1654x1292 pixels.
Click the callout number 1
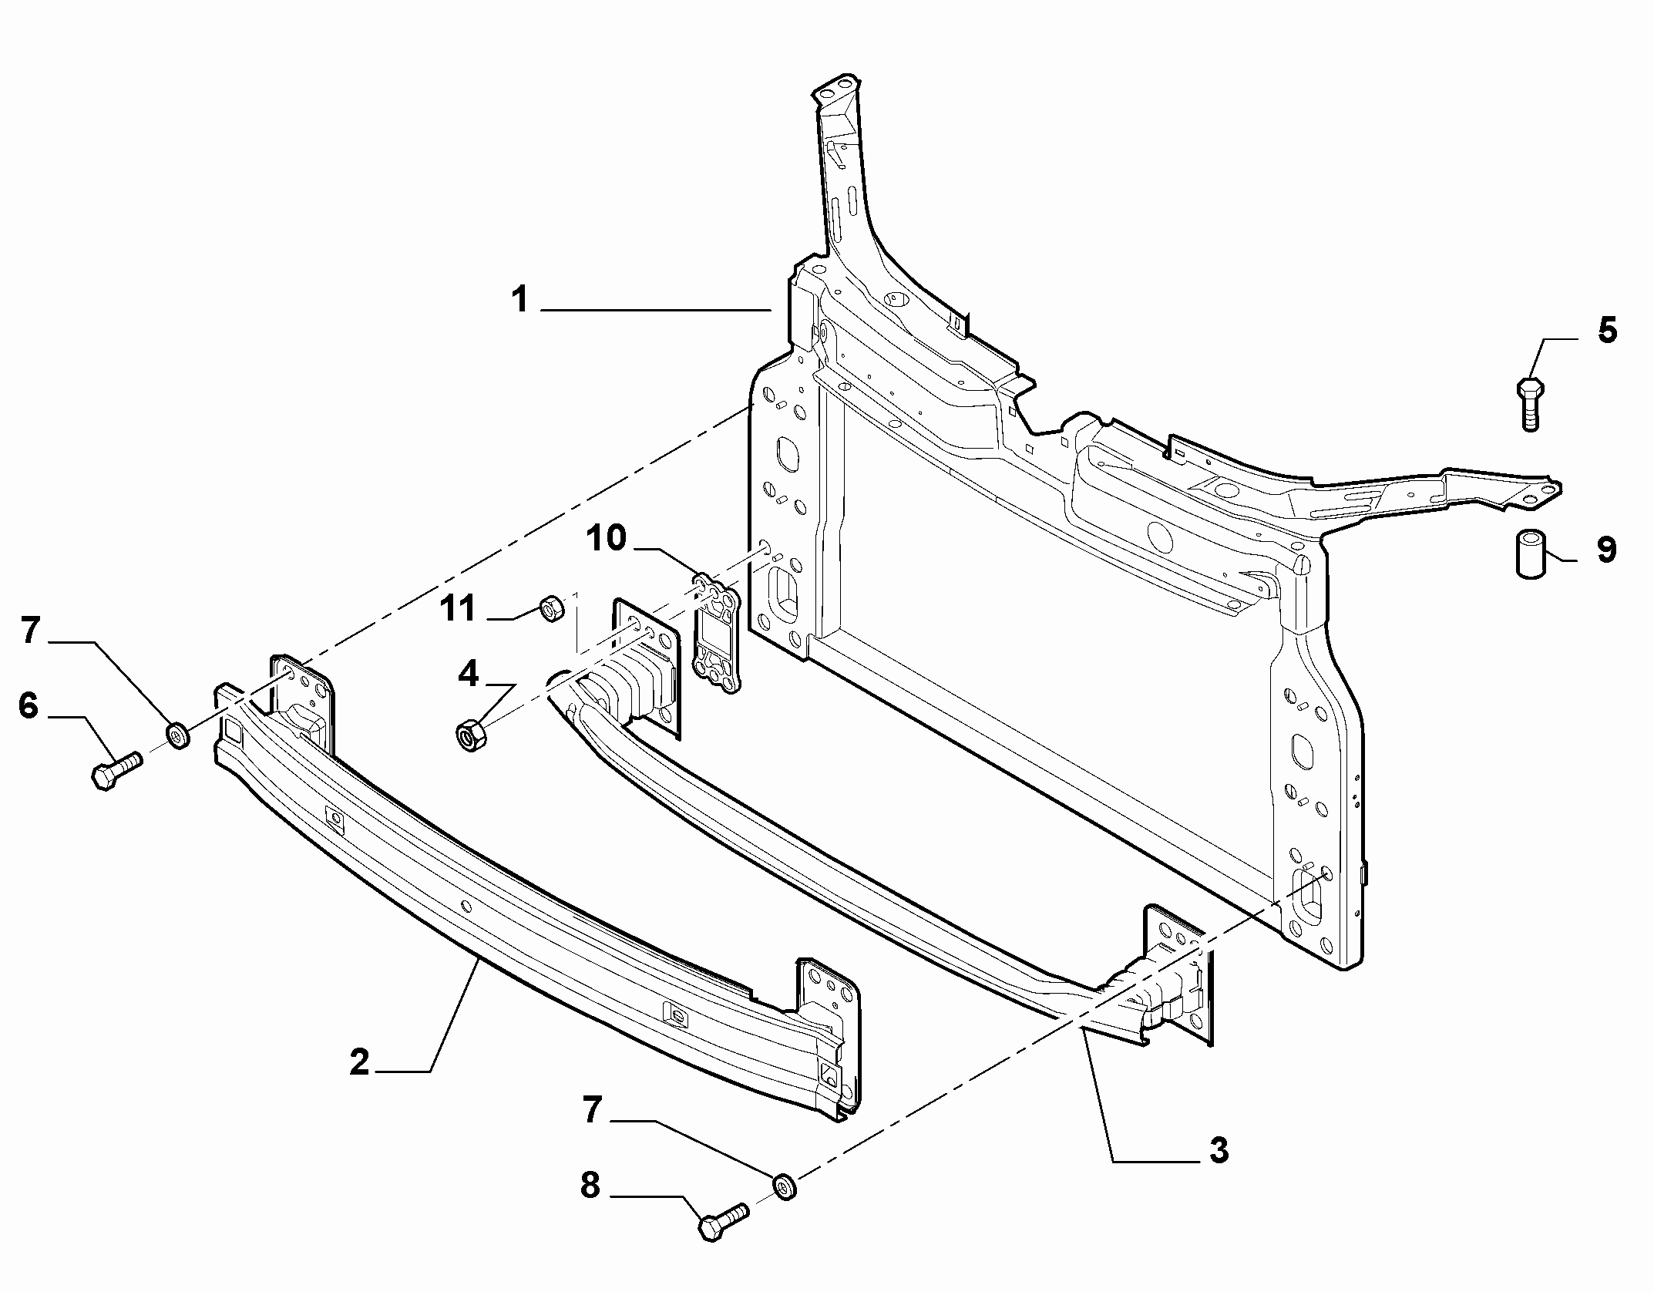click(521, 300)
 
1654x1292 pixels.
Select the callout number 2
click(359, 1062)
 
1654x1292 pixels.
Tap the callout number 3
click(1218, 1173)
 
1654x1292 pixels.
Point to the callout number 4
click(468, 675)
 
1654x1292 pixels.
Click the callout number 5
click(1606, 331)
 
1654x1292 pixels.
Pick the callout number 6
click(29, 705)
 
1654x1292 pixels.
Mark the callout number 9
click(1606, 550)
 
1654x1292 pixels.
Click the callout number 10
click(607, 538)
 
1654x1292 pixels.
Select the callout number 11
click(458, 609)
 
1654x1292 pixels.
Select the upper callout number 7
click(29, 631)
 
